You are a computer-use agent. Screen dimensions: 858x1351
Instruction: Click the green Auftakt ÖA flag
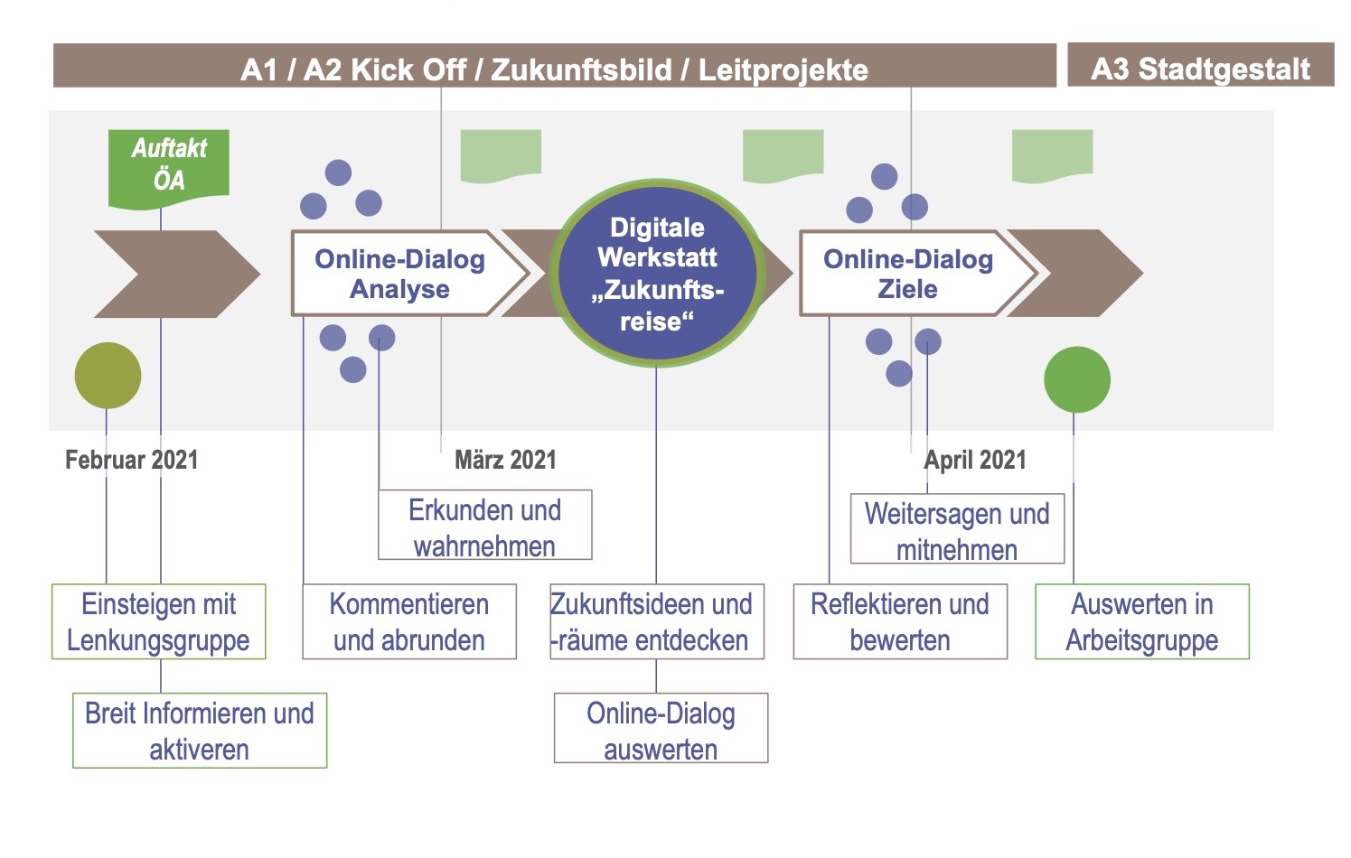[x=169, y=164]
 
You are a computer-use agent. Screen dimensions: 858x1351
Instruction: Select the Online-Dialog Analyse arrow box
[x=400, y=274]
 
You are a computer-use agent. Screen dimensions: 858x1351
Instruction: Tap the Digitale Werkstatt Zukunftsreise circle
[x=657, y=273]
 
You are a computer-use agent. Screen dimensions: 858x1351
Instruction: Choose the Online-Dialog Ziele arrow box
[x=908, y=274]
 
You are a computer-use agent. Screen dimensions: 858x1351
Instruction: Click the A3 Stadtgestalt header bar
[x=1200, y=68]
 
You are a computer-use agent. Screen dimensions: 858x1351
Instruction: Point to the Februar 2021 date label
[x=132, y=460]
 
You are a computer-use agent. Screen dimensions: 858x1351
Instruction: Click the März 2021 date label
[x=505, y=460]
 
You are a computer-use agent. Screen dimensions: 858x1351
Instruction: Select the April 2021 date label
[x=975, y=460]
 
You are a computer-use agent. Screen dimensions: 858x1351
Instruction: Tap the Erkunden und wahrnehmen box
[x=484, y=527]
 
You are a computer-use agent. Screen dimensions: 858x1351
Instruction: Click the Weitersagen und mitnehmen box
[x=957, y=530]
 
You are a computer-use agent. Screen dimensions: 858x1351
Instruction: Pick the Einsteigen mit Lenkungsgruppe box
[x=158, y=621]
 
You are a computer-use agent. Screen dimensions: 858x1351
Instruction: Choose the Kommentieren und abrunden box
[x=409, y=621]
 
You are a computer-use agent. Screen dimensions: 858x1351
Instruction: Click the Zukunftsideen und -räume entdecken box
[x=656, y=621]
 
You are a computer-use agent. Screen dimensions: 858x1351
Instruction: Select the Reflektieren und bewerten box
[x=900, y=621]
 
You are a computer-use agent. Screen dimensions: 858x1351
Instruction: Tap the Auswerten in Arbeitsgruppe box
[x=1141, y=621]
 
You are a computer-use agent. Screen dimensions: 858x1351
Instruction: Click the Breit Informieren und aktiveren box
[x=199, y=731]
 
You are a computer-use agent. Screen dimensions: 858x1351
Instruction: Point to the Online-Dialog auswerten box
[x=661, y=730]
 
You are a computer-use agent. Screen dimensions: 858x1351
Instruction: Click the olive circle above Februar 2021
[x=108, y=376]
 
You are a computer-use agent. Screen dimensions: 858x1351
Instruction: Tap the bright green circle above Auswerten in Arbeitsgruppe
[x=1076, y=379]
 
